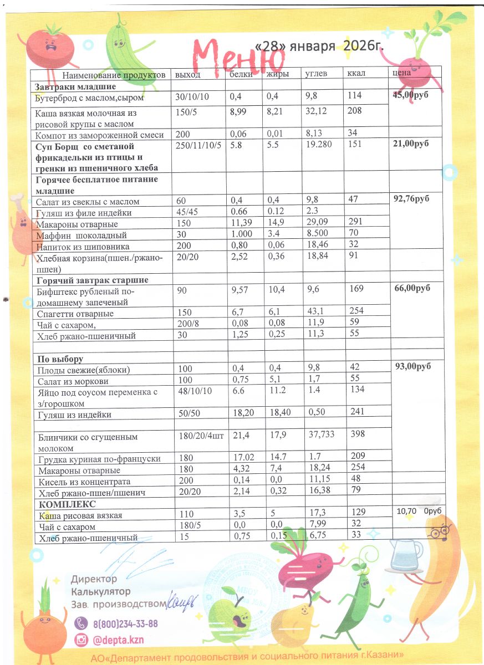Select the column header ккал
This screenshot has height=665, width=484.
(356, 74)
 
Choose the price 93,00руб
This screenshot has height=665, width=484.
(413, 366)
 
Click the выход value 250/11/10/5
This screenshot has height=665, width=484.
(198, 146)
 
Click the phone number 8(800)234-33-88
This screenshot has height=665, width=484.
(125, 623)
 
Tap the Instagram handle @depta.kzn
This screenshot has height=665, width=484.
(118, 640)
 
